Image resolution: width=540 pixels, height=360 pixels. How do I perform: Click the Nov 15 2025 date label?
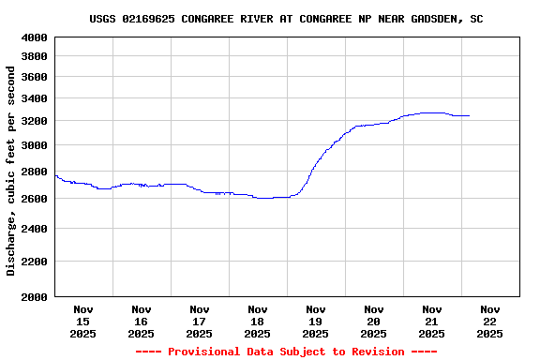tap(83, 321)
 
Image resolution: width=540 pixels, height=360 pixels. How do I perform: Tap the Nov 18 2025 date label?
tap(258, 321)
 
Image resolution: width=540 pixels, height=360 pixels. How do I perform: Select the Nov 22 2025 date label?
tap(489, 321)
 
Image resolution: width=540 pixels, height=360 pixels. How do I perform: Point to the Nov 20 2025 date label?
tap(373, 321)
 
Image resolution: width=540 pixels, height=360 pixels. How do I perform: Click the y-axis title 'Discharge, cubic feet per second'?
tap(11, 171)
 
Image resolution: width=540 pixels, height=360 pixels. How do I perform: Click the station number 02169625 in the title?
tap(151, 19)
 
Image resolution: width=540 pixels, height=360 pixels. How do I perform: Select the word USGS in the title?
tap(103, 19)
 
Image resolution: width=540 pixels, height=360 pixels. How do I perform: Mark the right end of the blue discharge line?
tap(469, 115)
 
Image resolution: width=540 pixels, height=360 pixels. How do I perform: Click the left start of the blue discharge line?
tap(56, 175)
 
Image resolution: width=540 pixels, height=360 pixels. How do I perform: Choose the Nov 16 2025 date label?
tap(142, 321)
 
